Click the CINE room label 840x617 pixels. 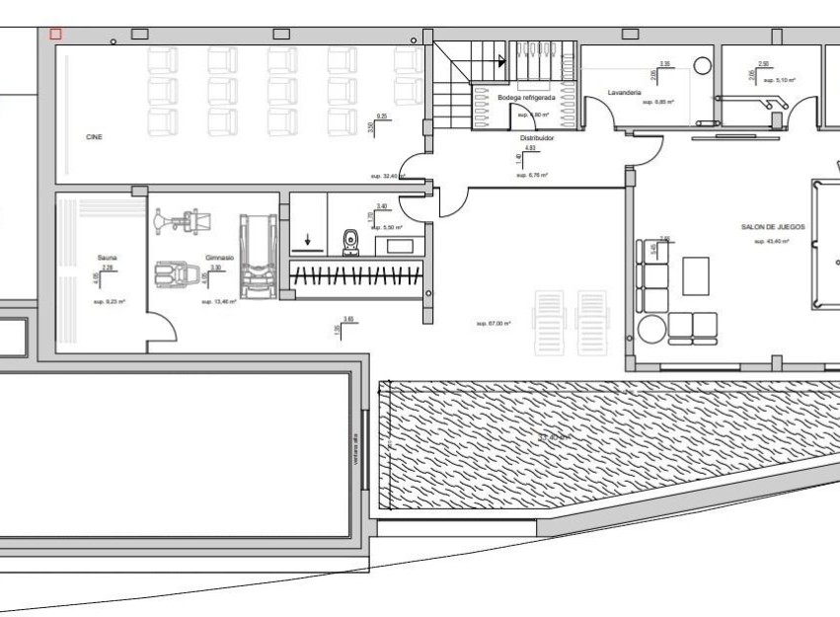point(94,137)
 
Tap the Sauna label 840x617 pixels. point(107,258)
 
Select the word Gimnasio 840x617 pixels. point(219,258)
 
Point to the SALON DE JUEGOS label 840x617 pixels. point(773,227)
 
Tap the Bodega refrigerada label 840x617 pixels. point(526,99)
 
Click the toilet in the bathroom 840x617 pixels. point(350,241)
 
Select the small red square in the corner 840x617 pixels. point(55,34)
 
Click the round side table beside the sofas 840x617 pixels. point(649,327)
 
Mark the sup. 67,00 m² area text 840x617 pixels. point(493,323)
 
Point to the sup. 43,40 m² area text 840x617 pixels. point(773,241)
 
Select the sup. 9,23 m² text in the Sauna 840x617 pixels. point(110,301)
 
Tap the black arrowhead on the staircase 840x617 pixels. point(501,61)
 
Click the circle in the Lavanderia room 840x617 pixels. point(702,65)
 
